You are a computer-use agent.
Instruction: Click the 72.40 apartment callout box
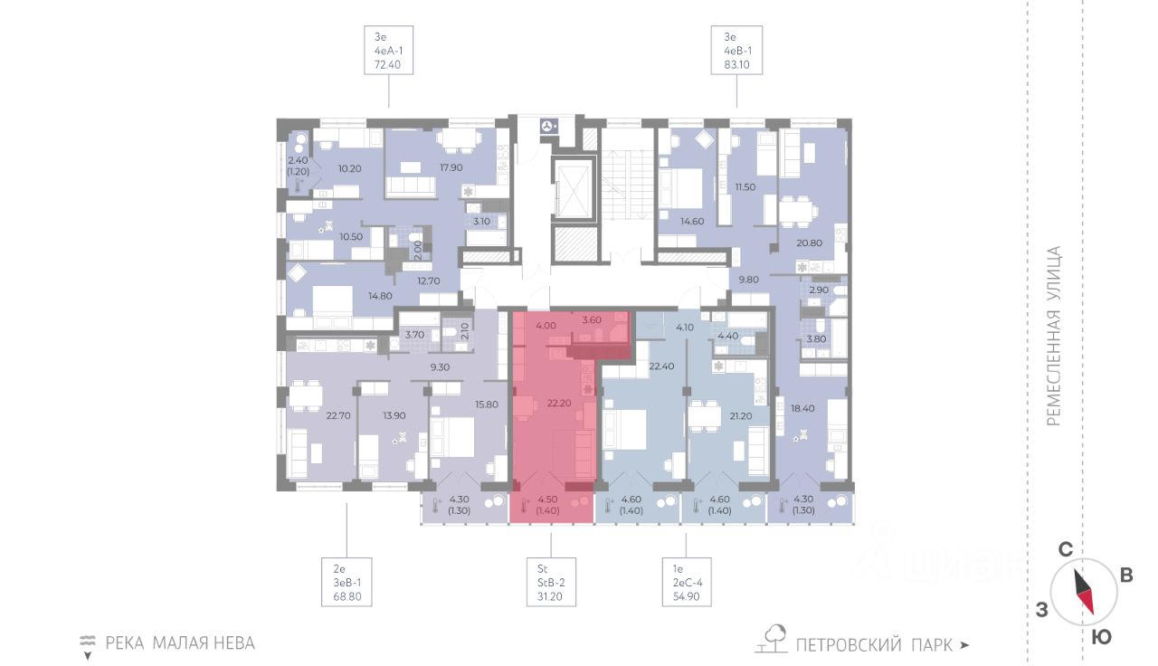click(x=388, y=50)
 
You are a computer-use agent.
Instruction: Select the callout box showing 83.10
click(x=736, y=50)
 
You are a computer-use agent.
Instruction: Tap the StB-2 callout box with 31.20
click(x=551, y=582)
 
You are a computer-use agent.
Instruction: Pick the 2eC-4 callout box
click(x=687, y=582)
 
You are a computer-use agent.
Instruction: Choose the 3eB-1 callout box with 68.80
click(x=346, y=582)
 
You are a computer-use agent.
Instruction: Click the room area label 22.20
click(x=559, y=403)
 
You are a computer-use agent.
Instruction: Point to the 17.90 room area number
click(x=451, y=167)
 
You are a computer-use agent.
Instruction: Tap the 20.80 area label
click(x=809, y=243)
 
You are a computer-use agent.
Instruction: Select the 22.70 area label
click(x=338, y=414)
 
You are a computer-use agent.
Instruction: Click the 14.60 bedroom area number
click(x=692, y=222)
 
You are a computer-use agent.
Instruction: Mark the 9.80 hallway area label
click(x=748, y=280)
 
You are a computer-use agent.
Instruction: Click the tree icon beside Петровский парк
click(x=772, y=639)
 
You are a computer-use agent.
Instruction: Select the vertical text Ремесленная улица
click(x=1053, y=336)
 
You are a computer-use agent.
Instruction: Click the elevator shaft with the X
click(x=574, y=187)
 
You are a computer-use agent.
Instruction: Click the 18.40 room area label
click(x=802, y=408)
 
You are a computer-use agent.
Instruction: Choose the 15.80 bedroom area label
click(x=487, y=404)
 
